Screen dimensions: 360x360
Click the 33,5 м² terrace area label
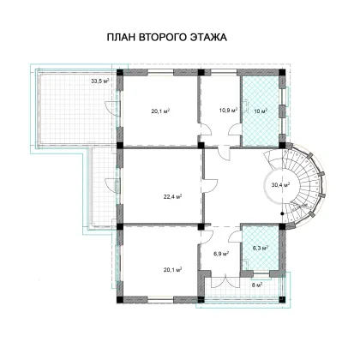point(100,81)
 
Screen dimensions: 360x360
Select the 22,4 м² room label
point(173,196)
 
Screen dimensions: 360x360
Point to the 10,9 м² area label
point(229,111)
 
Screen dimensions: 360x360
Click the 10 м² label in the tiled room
point(261,111)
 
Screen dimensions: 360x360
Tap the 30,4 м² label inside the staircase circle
point(280,185)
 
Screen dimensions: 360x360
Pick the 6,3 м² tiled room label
point(260,249)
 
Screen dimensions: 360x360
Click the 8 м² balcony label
point(257,285)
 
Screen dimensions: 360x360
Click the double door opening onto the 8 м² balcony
point(225,281)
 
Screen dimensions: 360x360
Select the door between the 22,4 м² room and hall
point(210,186)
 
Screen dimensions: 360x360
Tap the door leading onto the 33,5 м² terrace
point(112,108)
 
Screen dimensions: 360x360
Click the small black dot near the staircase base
point(282,213)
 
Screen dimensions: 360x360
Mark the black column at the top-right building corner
point(282,72)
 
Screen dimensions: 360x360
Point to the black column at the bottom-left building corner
point(120,300)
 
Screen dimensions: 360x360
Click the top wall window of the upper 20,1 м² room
point(160,72)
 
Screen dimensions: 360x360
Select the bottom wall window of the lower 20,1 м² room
point(161,300)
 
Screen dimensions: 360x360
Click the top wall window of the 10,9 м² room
point(224,72)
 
